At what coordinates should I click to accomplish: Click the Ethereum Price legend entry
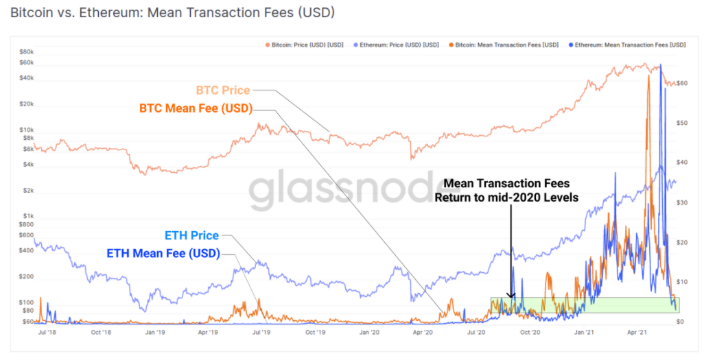coord(395,45)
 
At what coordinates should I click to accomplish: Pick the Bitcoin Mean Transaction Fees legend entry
coord(503,45)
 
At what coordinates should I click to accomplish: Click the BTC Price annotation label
coord(223,91)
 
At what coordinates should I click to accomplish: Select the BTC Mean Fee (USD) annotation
coord(196,108)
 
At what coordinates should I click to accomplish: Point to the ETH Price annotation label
coord(192,236)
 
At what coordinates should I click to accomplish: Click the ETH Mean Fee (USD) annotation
coord(163,253)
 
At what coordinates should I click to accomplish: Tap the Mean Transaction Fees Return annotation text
coord(506,191)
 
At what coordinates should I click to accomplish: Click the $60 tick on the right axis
coord(682,83)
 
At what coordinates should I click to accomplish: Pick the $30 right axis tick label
coord(682,203)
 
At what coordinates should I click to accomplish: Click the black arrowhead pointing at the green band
coord(511,294)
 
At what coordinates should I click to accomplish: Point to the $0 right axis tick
coord(680,322)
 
